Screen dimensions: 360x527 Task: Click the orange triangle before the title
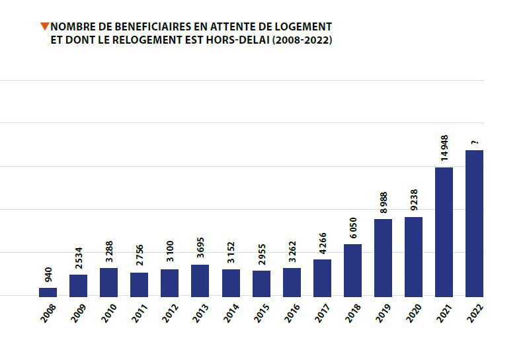click(44, 26)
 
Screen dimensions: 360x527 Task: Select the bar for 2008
click(48, 292)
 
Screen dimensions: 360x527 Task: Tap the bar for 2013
click(200, 281)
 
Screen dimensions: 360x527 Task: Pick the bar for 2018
click(352, 270)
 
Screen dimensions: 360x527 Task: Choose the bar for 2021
click(444, 232)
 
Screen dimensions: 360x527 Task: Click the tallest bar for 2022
click(474, 223)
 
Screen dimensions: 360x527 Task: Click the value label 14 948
click(444, 148)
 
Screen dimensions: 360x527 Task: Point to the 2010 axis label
click(108, 312)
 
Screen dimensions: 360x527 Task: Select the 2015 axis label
click(261, 312)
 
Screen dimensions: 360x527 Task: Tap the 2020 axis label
click(413, 312)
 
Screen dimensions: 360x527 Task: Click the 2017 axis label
click(321, 312)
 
